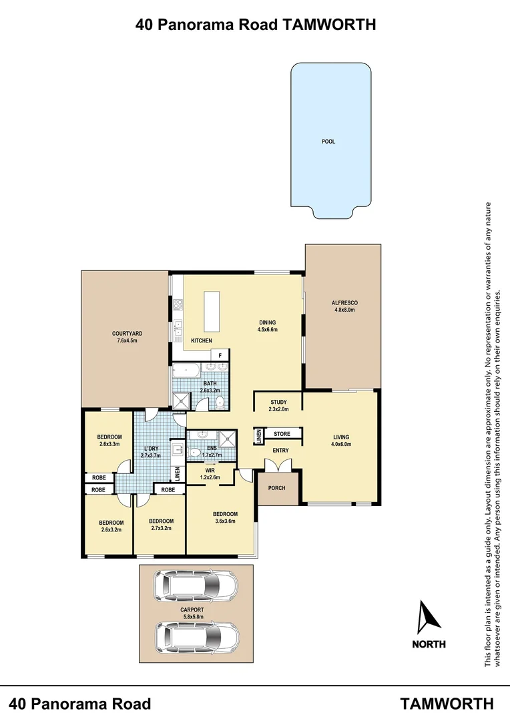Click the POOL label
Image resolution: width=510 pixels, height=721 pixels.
[x=328, y=142]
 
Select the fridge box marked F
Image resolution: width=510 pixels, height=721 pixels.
[x=220, y=356]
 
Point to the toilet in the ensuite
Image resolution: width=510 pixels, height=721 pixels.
[x=193, y=453]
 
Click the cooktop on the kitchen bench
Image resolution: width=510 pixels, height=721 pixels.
[x=178, y=306]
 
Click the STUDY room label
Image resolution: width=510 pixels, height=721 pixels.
[x=278, y=402]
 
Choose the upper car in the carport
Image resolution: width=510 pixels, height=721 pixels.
[x=195, y=585]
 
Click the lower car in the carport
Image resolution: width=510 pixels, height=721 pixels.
[x=196, y=637]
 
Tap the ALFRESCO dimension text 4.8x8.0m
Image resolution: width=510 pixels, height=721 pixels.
[x=344, y=310]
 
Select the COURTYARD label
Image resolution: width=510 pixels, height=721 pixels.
[x=127, y=333]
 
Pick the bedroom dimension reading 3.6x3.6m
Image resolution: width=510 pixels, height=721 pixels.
[x=225, y=522]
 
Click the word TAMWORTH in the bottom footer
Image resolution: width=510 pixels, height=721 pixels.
[x=447, y=703]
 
